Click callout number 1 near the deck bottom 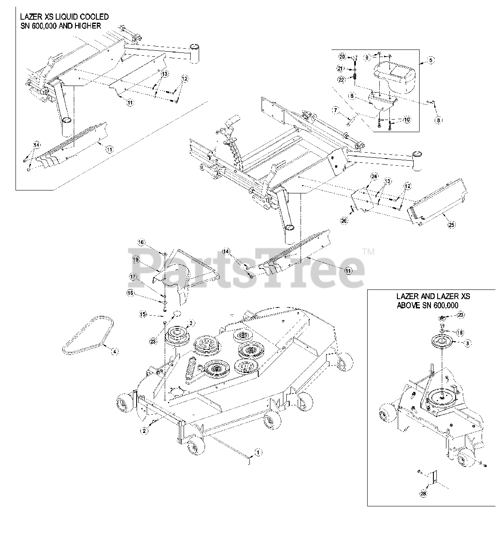(258, 453)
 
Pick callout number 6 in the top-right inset (352, 96)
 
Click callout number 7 (335, 110)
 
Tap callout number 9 (366, 57)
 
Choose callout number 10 (406, 120)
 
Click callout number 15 (143, 314)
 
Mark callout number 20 (342, 56)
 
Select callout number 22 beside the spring (342, 79)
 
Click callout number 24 (374, 177)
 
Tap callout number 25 (451, 225)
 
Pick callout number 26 (344, 222)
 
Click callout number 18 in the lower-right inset (460, 332)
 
